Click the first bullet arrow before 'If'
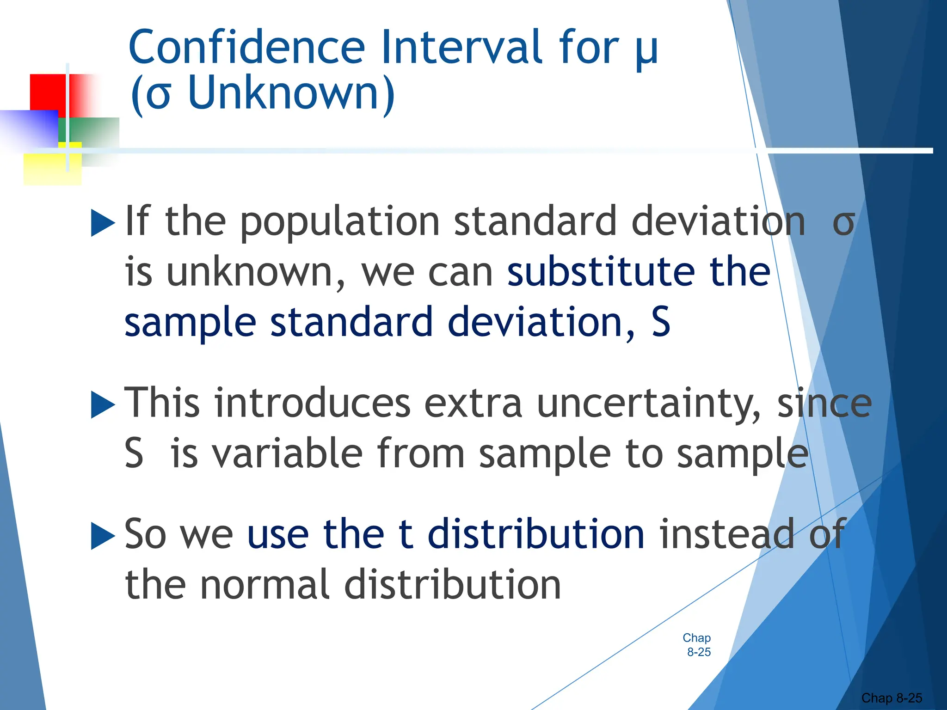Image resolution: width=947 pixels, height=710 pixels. (x=103, y=223)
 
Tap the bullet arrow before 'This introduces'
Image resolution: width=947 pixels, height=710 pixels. (x=103, y=404)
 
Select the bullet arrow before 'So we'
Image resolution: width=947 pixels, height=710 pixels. (x=103, y=536)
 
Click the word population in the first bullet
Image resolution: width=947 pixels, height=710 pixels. (x=340, y=223)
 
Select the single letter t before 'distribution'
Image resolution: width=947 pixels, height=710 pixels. (x=405, y=534)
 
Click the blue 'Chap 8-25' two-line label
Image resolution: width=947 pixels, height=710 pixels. (x=697, y=645)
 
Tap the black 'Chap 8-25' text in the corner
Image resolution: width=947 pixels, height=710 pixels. (x=892, y=698)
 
